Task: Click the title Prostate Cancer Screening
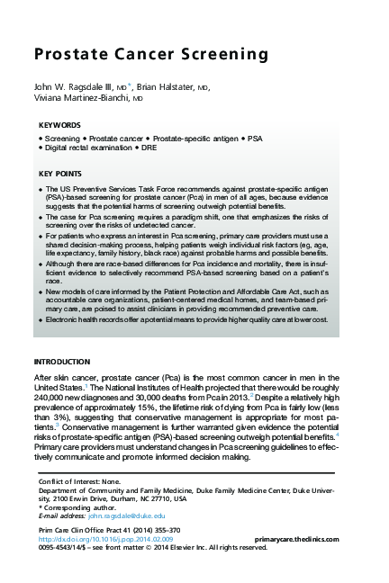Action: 150,56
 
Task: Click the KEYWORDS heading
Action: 60,125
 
